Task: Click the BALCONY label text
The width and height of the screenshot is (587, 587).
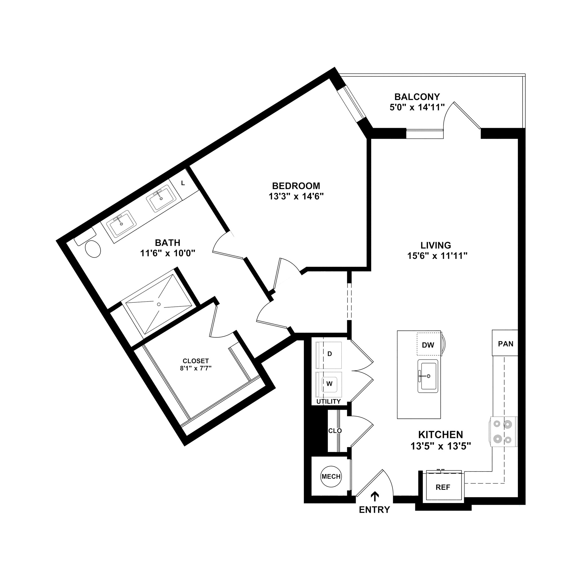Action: coord(417,97)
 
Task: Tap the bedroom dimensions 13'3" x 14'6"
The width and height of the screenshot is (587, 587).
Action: coord(296,197)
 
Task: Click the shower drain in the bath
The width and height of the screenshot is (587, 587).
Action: coord(159,304)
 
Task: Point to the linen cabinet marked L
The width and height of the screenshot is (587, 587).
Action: coord(183,183)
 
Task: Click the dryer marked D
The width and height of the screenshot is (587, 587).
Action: coord(329,354)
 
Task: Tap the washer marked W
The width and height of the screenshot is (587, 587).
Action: coord(329,384)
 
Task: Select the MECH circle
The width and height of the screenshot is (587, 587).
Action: coord(331,476)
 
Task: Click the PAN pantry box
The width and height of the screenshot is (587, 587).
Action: coord(506,344)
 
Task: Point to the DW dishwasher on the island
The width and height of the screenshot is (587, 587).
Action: coord(428,345)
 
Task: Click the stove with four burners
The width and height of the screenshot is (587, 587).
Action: coord(503,431)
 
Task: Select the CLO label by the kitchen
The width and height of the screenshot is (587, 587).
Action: coord(335,431)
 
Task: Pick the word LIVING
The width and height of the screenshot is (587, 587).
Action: coord(436,245)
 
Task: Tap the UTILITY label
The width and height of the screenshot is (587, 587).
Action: coord(328,401)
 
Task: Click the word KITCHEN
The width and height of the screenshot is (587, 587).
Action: coord(441,435)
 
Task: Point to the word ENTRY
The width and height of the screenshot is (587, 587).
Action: coord(374,510)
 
